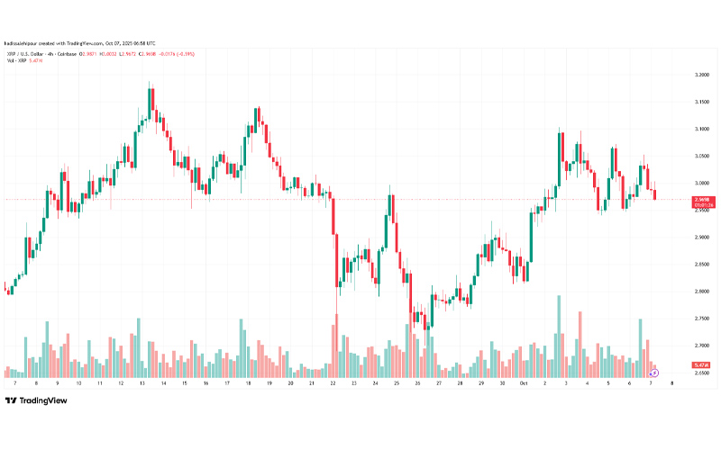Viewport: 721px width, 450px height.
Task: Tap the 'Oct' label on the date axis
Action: (523, 382)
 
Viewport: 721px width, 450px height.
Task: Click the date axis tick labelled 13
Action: (141, 382)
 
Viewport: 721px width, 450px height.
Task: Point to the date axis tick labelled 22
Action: (333, 382)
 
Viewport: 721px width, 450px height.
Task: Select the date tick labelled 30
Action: (502, 382)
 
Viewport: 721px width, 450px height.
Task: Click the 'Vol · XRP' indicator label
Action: (20, 62)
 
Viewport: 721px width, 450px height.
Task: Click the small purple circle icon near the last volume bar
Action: (654, 372)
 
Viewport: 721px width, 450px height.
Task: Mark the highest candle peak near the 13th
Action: (150, 84)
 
